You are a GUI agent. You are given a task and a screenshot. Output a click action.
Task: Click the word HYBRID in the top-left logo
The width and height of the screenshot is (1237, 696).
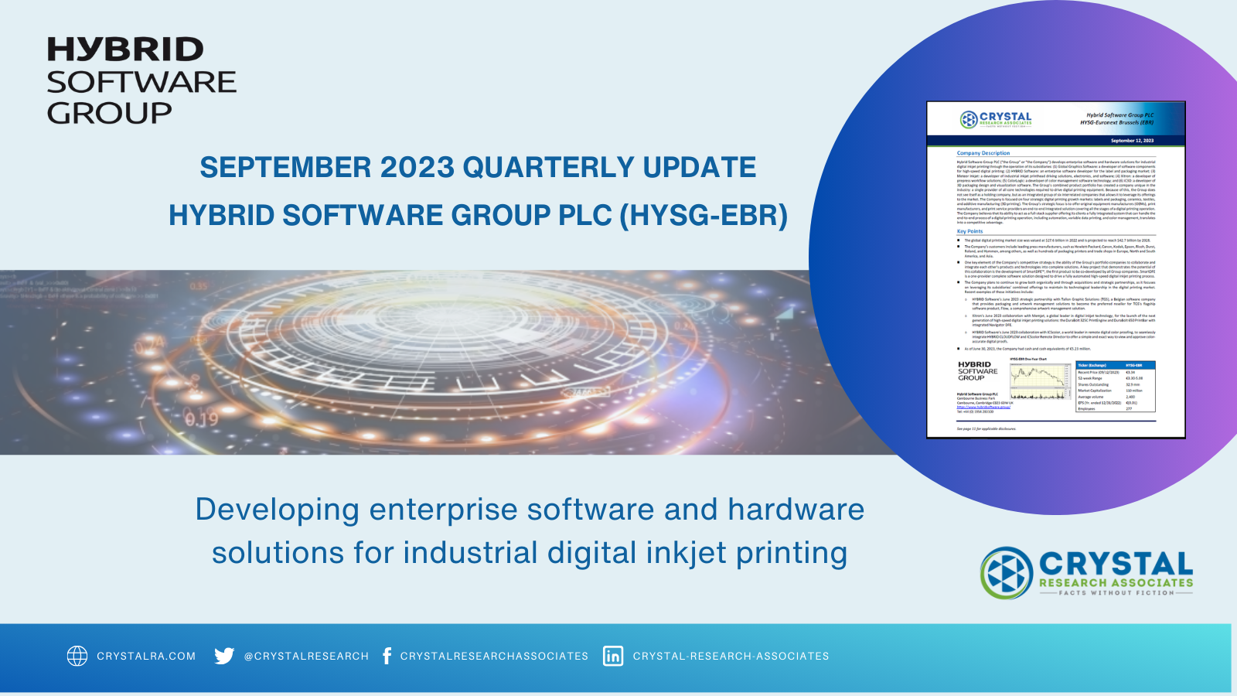pyautogui.click(x=125, y=50)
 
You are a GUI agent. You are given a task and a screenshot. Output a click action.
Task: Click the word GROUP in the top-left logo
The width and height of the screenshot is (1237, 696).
pyautogui.click(x=109, y=114)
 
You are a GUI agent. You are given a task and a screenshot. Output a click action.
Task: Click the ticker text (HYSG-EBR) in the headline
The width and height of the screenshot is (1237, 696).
pyautogui.click(x=704, y=216)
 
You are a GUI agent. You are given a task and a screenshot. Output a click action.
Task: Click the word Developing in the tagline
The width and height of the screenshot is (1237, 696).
pyautogui.click(x=277, y=510)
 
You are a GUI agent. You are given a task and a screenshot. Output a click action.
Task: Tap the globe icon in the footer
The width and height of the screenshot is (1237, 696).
pyautogui.click(x=77, y=656)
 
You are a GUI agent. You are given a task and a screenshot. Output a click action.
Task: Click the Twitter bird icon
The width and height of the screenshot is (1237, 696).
pyautogui.click(x=224, y=656)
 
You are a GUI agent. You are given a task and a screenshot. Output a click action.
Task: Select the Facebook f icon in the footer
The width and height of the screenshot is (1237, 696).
pyautogui.click(x=387, y=656)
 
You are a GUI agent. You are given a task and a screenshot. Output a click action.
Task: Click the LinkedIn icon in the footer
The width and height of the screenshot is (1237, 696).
pyautogui.click(x=613, y=656)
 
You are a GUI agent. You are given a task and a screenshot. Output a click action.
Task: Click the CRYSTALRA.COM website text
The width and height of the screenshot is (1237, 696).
pyautogui.click(x=146, y=656)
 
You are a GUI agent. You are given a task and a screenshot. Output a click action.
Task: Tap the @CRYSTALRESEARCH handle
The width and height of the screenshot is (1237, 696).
pyautogui.click(x=306, y=656)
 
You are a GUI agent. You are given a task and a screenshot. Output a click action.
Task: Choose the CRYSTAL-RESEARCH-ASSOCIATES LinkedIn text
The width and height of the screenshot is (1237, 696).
pyautogui.click(x=731, y=656)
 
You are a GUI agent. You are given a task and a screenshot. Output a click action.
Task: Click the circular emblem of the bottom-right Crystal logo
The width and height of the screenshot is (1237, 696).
pyautogui.click(x=1007, y=573)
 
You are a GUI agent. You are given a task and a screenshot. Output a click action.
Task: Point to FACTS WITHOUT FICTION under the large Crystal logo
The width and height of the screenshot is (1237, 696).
pyautogui.click(x=1116, y=593)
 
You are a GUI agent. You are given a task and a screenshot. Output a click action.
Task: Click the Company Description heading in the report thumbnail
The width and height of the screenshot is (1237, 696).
pyautogui.click(x=983, y=153)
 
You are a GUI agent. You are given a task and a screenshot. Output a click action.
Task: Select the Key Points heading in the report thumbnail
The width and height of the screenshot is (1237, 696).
pyautogui.click(x=969, y=231)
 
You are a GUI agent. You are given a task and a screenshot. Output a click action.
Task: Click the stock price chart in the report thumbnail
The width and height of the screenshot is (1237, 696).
pyautogui.click(x=1040, y=380)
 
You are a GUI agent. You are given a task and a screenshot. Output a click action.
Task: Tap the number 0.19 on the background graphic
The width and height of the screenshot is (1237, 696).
pyautogui.click(x=201, y=420)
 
